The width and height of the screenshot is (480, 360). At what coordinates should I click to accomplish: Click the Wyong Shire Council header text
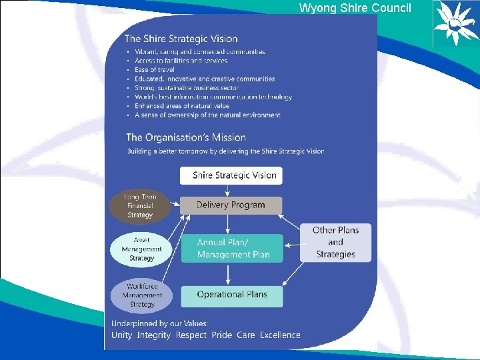pos(355,8)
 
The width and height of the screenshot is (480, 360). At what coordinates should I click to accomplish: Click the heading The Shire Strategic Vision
pos(181,39)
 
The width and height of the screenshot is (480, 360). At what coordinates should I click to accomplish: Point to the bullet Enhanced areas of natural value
pos(181,106)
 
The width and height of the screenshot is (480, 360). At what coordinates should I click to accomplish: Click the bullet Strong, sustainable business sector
pos(187,87)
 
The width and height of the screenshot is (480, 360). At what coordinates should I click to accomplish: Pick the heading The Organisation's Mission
pos(186,137)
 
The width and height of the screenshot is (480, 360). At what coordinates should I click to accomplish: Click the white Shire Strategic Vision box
pos(231,175)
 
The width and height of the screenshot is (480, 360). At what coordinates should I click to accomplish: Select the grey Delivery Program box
pos(231,205)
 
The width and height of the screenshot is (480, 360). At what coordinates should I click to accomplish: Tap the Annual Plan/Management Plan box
pos(231,248)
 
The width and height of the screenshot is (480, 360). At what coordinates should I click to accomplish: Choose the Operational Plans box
pos(231,295)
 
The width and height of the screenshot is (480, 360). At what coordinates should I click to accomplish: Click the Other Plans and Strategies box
pos(335,242)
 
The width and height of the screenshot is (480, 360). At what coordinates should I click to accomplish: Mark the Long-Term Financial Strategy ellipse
pos(140,206)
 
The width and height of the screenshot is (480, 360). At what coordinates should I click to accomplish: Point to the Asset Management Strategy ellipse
pos(141,249)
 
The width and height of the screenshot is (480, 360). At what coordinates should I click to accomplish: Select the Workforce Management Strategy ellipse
pos(141,295)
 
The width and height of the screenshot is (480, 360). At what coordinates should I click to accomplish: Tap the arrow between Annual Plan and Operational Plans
pos(229,273)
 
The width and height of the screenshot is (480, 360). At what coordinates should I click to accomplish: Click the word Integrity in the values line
pos(154,335)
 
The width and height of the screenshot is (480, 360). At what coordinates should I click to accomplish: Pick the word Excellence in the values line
pos(280,335)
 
